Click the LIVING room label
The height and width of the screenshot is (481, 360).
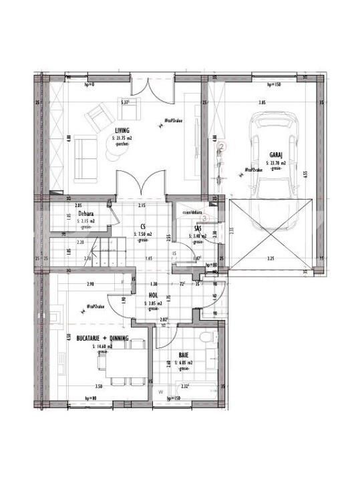coord(122,131)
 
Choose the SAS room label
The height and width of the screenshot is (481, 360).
coord(198,228)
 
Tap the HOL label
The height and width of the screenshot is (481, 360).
coord(153,295)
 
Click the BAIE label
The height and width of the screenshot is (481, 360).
coord(183,355)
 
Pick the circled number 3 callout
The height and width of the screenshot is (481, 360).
coord(206,216)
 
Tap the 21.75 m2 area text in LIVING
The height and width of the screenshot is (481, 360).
coord(122,138)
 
